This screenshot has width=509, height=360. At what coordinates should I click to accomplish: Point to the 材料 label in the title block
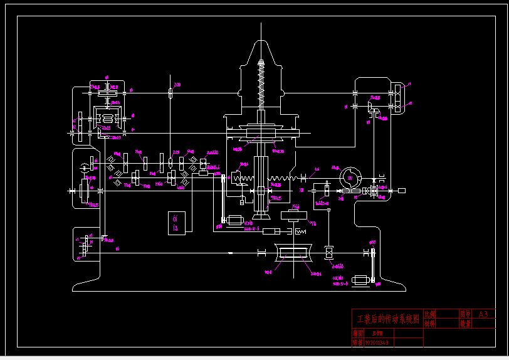click(429, 324)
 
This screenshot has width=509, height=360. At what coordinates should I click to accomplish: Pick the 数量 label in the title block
click(464, 324)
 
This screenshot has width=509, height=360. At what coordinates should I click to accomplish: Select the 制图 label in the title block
click(357, 334)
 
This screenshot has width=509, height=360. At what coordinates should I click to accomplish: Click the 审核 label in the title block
click(357, 343)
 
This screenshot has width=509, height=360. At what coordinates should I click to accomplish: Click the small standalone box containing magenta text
click(176, 223)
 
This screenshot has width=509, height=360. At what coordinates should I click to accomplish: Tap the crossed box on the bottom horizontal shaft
click(327, 253)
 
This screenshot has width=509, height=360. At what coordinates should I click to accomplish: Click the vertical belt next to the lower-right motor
click(374, 267)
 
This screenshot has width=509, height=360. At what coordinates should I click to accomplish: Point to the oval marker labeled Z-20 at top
click(171, 93)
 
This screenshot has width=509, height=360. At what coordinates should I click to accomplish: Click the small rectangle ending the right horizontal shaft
click(402, 190)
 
